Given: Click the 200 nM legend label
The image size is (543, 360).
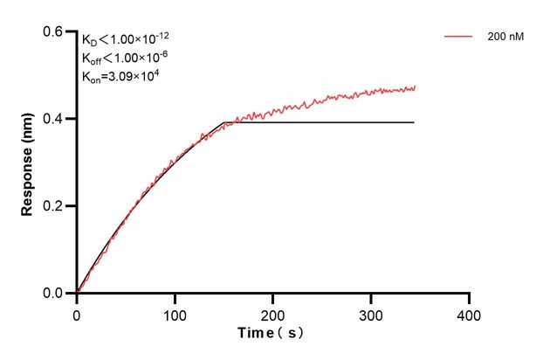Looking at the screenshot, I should pos(505,38).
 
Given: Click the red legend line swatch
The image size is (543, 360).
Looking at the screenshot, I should pos(458,38).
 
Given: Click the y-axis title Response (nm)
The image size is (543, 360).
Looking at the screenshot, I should pos(29,163).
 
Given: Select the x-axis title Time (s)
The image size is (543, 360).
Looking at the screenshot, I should pos(272,334).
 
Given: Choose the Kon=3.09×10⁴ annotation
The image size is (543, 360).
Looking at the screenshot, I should pos(120,76).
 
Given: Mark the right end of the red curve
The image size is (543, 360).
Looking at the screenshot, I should pos(415,87).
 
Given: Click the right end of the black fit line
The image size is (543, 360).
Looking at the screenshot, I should pos(414,122).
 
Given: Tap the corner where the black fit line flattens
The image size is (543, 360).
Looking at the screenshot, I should pos(224,122).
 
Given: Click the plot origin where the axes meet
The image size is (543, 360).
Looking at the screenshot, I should pos(77,294).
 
